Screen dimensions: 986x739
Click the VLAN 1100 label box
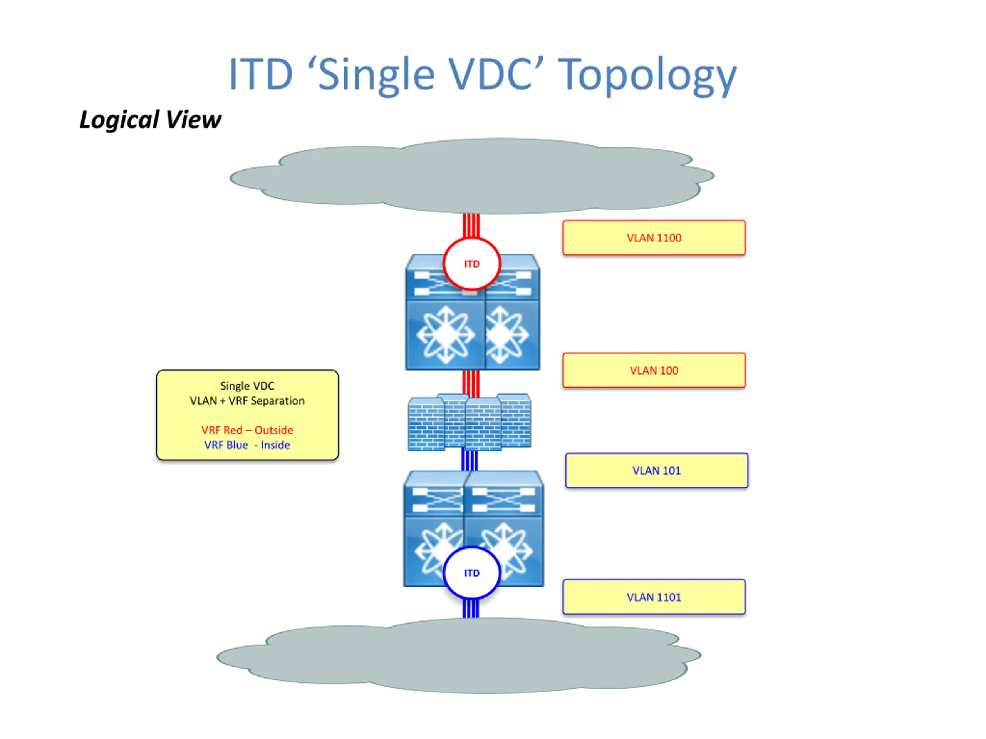654,238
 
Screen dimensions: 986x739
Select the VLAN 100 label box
654,371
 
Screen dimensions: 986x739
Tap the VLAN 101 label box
657,471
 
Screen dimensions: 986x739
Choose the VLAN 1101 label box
654,597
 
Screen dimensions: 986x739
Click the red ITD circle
471,239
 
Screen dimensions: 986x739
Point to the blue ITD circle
471,547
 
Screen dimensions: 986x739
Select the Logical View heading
150,120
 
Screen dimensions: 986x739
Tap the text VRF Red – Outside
247,430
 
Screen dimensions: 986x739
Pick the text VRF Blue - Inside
247,445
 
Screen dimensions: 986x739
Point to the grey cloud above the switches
471,176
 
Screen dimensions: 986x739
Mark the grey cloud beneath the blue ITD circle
459,655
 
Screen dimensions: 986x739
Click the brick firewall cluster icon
470,422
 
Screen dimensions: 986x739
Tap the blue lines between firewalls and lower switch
470,460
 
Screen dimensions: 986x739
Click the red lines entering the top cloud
471,226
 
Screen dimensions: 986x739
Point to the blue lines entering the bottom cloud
471,609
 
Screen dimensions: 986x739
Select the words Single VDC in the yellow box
247,386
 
